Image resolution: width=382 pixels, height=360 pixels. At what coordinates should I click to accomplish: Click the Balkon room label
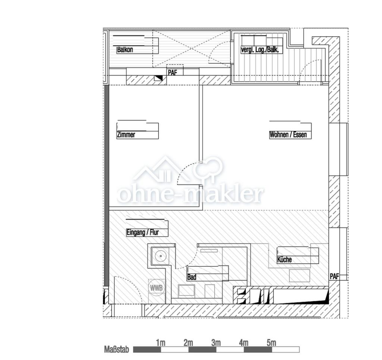[125, 50]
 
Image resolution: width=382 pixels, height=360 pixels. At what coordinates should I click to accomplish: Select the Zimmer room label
[126, 135]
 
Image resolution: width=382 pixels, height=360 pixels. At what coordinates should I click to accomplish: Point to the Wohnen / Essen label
[288, 135]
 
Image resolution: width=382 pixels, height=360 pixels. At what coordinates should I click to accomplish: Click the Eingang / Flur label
[143, 232]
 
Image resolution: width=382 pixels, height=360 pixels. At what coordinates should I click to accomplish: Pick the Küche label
[285, 260]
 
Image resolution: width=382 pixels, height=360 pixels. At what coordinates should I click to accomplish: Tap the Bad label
[192, 277]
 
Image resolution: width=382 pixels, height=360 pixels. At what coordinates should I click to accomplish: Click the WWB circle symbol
[156, 288]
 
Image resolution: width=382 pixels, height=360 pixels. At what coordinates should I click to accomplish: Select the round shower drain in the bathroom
[160, 256]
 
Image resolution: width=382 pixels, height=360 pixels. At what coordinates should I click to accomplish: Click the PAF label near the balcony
[172, 72]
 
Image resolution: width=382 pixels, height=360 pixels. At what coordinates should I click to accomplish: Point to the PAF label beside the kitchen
[334, 277]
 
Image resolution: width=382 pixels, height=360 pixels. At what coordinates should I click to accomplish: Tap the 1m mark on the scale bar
[160, 343]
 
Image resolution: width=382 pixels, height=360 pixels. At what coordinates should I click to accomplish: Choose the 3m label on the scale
[216, 343]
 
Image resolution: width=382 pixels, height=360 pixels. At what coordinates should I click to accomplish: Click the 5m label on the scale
[271, 343]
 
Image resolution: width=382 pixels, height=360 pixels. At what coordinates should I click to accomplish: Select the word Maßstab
[117, 350]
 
